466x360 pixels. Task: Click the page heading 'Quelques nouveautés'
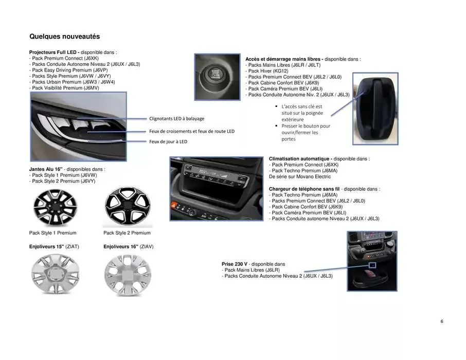point(64,37)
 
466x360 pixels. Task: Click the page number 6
point(441,321)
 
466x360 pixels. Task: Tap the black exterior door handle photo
point(375,110)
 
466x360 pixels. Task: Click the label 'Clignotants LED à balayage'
point(176,118)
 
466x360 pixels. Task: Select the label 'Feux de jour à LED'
point(168,141)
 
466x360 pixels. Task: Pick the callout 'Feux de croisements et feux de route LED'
point(191,131)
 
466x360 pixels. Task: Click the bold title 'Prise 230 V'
point(236,264)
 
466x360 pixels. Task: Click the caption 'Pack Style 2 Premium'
point(127,233)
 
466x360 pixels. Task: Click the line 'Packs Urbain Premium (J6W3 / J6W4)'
point(72,82)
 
